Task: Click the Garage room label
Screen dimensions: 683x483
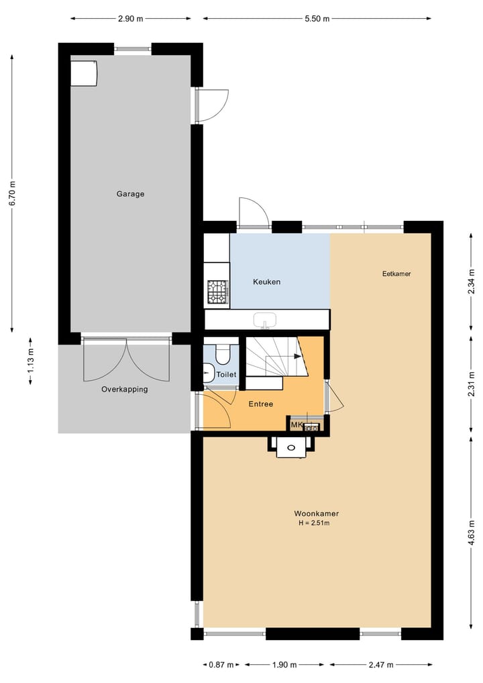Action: tap(130, 194)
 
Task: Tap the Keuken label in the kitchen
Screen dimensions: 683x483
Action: tap(266, 282)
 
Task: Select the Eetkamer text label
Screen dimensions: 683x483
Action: tap(396, 274)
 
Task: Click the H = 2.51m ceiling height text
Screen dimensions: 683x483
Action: tap(314, 523)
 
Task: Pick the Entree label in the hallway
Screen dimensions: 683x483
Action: tap(260, 404)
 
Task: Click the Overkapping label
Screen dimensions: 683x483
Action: tap(124, 390)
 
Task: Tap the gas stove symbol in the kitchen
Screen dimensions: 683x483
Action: tap(217, 292)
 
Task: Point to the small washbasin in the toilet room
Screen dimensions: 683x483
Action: tap(208, 371)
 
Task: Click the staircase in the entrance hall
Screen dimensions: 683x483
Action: tap(275, 363)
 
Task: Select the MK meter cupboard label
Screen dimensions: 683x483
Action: tap(297, 425)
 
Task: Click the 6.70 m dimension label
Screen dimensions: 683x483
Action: tap(12, 194)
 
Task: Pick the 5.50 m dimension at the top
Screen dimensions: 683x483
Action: tap(317, 19)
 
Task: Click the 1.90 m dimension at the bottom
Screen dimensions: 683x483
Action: tap(284, 665)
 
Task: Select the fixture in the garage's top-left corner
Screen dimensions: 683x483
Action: tap(84, 73)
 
